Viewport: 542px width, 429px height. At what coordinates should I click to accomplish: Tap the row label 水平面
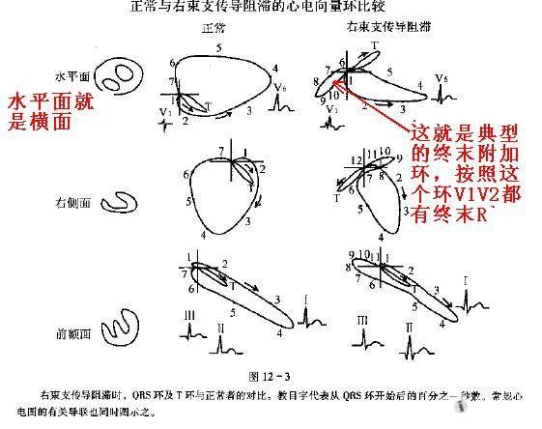73,73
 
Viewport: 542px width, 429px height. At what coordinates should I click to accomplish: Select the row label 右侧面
73,203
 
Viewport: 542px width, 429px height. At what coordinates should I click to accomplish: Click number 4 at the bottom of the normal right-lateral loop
204,235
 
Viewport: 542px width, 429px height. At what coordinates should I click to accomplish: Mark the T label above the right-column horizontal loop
375,46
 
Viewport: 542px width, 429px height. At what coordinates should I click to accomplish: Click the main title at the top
273,9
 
